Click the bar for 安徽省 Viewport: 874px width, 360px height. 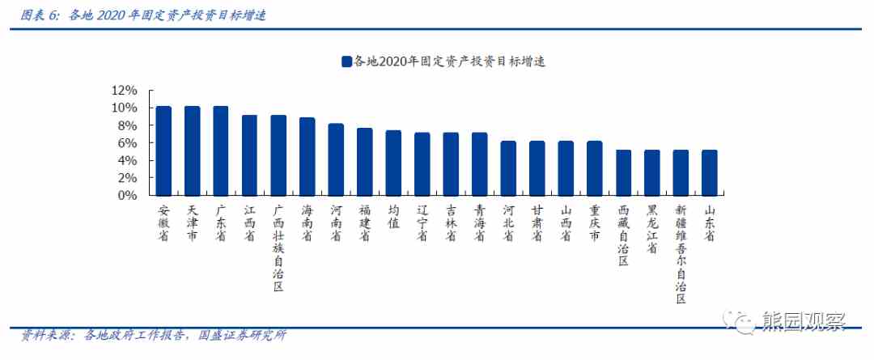(163, 151)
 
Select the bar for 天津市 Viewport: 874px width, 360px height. (192, 151)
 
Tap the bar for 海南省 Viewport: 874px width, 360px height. (307, 157)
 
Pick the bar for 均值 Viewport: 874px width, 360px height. (393, 163)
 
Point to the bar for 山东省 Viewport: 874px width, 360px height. (709, 172)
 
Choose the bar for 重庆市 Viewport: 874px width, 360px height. (594, 168)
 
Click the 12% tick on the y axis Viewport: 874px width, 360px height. (125, 91)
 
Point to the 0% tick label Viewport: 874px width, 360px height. (129, 195)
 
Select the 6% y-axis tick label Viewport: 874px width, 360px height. (129, 143)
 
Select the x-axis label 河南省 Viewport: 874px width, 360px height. (336, 222)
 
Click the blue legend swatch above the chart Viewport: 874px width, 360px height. (346, 61)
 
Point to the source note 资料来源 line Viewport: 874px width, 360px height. (154, 336)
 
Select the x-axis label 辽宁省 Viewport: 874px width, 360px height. (422, 222)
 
